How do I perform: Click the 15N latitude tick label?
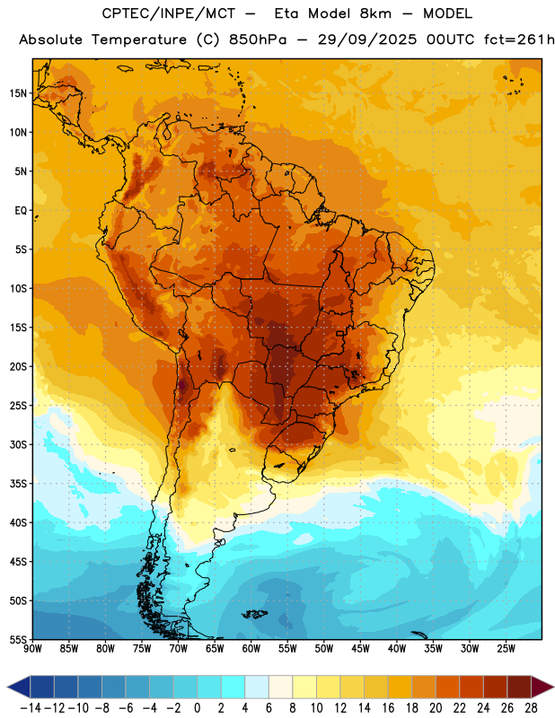pyautogui.click(x=18, y=93)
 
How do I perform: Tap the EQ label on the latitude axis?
pyautogui.click(x=21, y=211)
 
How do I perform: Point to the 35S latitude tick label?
pyautogui.click(x=18, y=484)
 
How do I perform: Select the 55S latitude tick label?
pyautogui.click(x=18, y=640)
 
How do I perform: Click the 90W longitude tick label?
pyautogui.click(x=32, y=649)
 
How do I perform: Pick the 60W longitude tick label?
pyautogui.click(x=251, y=649)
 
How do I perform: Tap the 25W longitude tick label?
pyautogui.click(x=506, y=649)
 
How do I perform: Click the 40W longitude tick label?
pyautogui.click(x=397, y=649)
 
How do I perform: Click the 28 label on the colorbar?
pyautogui.click(x=531, y=708)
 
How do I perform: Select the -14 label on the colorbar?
pyautogui.click(x=31, y=708)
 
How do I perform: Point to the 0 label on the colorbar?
pyautogui.click(x=197, y=708)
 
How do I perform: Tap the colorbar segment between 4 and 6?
pyautogui.click(x=257, y=687)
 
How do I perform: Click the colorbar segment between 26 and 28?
pyautogui.click(x=519, y=687)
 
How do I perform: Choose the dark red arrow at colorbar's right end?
pyautogui.click(x=540, y=687)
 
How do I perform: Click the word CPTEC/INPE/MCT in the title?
pyautogui.click(x=169, y=13)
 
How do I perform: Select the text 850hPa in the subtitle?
pyautogui.click(x=258, y=39)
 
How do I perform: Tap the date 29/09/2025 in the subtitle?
pyautogui.click(x=367, y=39)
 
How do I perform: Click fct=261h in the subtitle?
pyautogui.click(x=519, y=39)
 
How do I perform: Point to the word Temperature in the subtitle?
pyautogui.click(x=139, y=40)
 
